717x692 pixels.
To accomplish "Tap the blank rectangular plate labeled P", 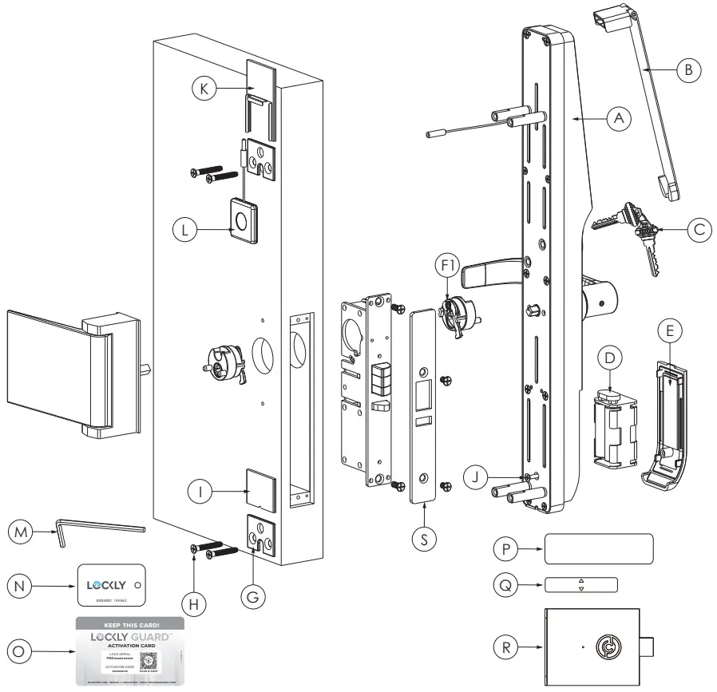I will point(599,550).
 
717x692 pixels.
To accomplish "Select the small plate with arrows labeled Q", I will point(581,585).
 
